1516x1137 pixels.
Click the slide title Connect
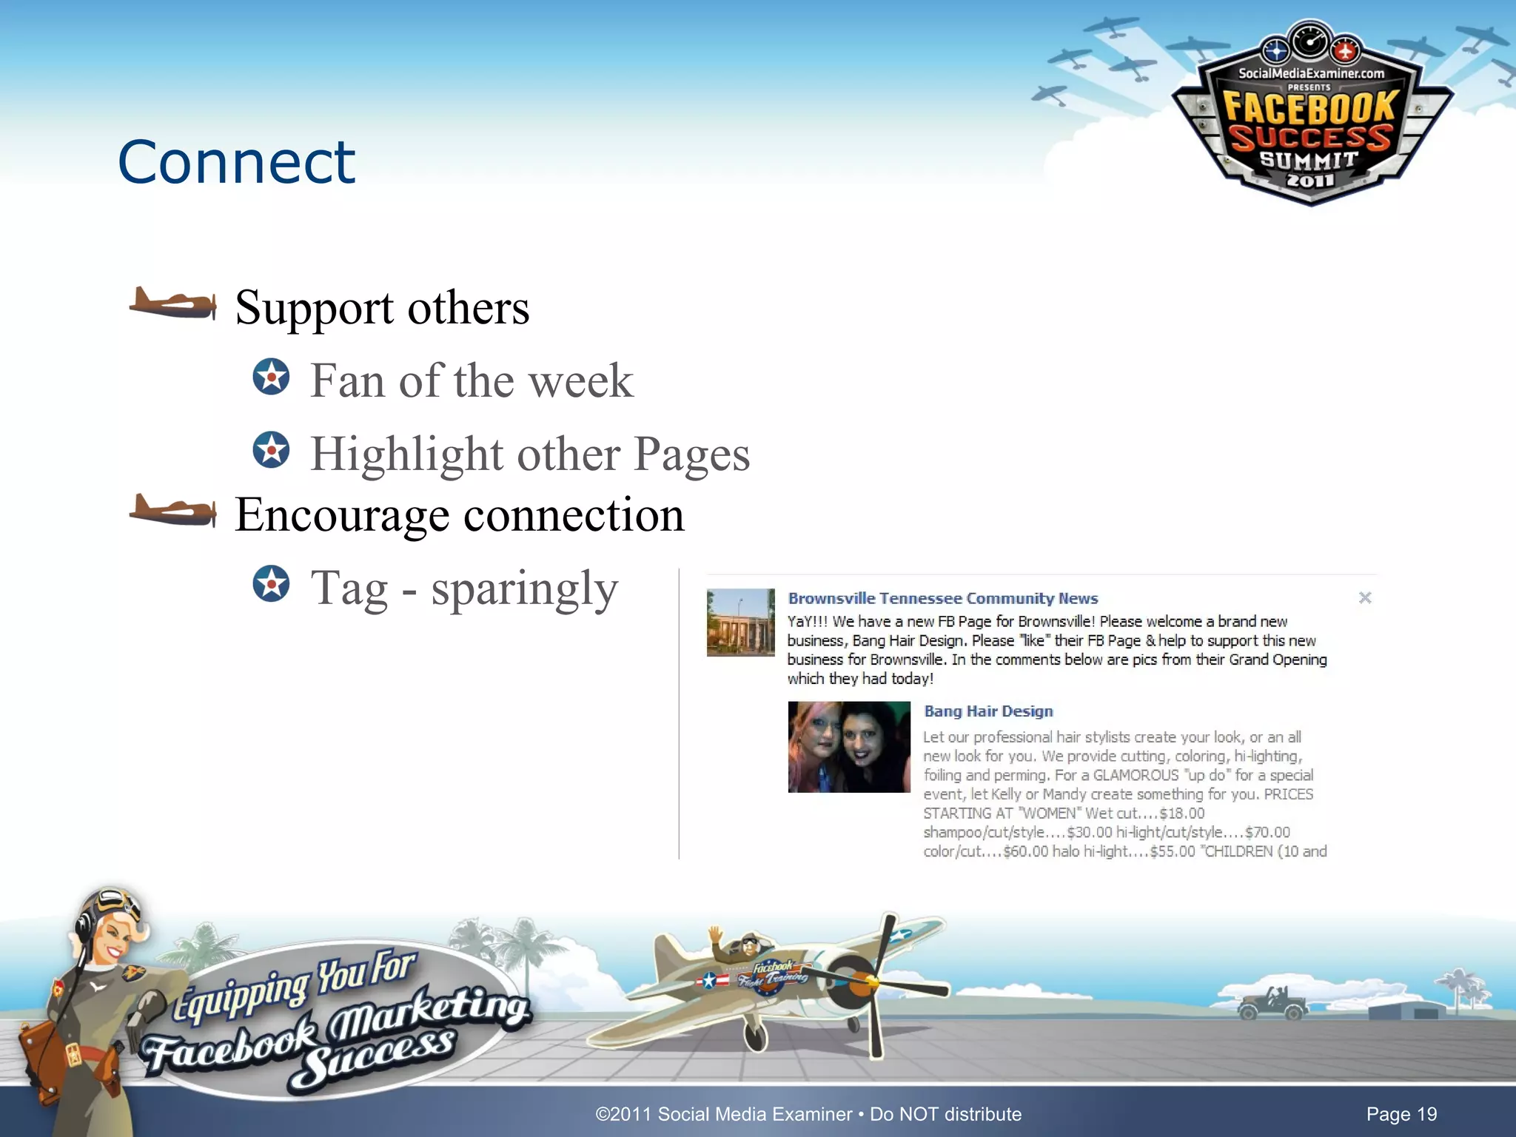click(x=236, y=162)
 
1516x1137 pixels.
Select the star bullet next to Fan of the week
click(x=271, y=377)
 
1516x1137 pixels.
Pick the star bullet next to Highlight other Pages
click(x=271, y=450)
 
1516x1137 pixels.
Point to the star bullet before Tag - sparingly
click(x=271, y=583)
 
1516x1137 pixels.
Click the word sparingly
click(x=524, y=589)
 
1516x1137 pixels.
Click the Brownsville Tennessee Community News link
click(x=942, y=598)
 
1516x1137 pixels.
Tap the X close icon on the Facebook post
click(x=1365, y=597)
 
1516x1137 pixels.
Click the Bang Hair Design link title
click(x=988, y=711)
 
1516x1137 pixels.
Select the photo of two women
click(x=849, y=747)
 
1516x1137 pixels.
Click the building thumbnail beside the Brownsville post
click(x=740, y=622)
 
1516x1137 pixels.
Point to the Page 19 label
click(x=1401, y=1114)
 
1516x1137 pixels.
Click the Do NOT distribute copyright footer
click(x=808, y=1114)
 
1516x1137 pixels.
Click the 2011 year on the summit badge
click(x=1309, y=180)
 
